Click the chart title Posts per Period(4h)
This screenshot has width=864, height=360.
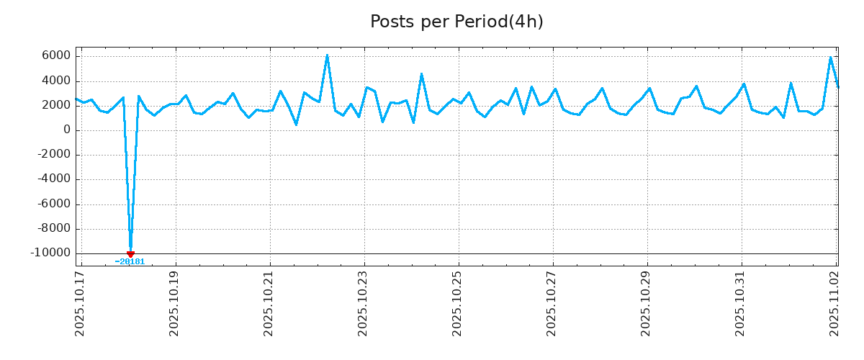tap(456, 22)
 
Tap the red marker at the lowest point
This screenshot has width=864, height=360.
tap(130, 254)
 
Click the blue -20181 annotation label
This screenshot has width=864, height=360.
tap(130, 262)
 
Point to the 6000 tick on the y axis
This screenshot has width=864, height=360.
tap(55, 56)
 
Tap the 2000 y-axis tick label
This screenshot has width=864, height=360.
tap(55, 106)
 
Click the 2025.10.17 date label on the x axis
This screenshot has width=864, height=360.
tap(81, 302)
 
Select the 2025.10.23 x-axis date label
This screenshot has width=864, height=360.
tap(364, 302)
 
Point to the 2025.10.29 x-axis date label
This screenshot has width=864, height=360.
tap(647, 302)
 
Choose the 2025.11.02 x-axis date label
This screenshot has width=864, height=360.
tap(835, 302)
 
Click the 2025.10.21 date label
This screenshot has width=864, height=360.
tap(269, 302)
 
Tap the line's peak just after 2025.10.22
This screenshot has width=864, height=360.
tap(327, 55)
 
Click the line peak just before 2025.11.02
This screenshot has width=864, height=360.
tap(831, 57)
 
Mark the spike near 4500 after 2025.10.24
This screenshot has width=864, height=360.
tap(421, 74)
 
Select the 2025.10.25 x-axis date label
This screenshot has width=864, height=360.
tap(458, 302)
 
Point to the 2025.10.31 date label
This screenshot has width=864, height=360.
tap(741, 302)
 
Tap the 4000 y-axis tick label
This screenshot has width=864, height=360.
tap(55, 81)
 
